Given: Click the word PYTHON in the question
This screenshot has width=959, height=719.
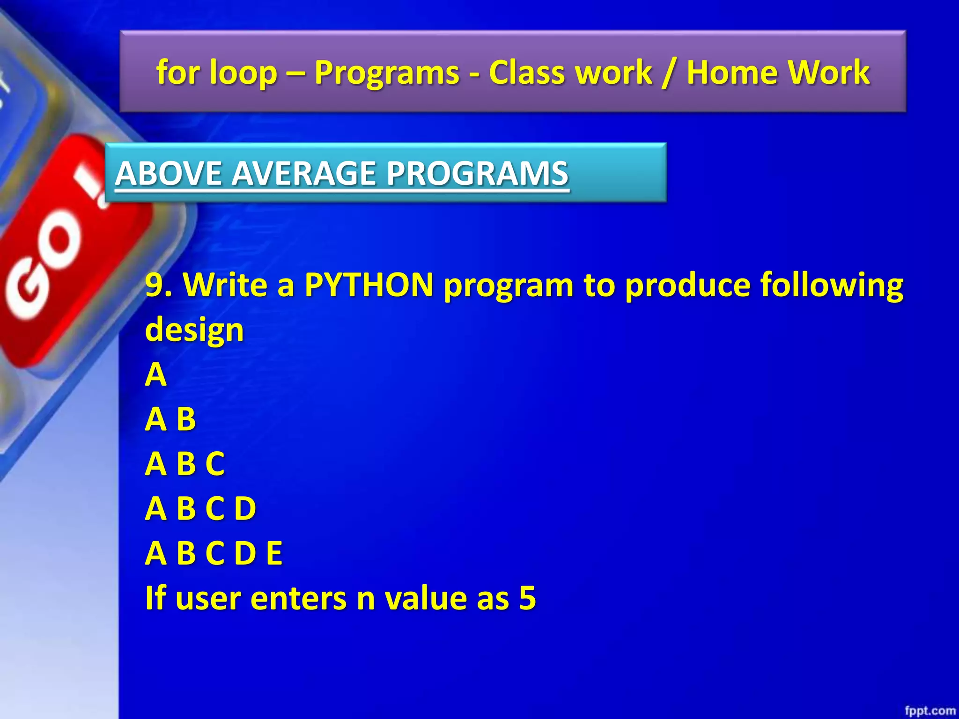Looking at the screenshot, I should click(x=369, y=285).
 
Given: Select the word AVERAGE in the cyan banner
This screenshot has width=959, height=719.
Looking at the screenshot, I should click(x=308, y=173).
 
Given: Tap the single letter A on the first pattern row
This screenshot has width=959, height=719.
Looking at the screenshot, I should click(x=155, y=374).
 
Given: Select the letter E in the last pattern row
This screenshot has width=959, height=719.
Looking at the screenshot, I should click(x=274, y=553).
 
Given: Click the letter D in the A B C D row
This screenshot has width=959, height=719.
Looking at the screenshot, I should click(x=245, y=509).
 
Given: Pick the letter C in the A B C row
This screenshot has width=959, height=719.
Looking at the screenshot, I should click(x=215, y=464).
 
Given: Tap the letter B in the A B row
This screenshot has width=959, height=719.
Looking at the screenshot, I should click(x=186, y=419).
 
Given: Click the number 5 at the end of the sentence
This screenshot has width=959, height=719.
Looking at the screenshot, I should click(x=527, y=598).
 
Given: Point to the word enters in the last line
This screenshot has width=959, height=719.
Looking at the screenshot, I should click(x=298, y=598).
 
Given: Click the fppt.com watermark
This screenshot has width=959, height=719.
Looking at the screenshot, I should click(x=929, y=711).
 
